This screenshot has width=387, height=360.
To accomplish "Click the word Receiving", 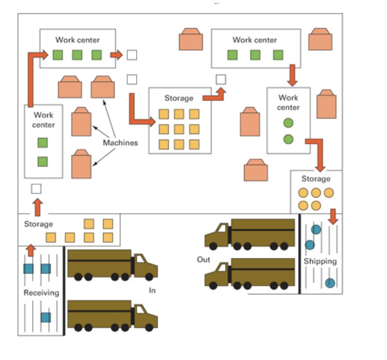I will [x=41, y=293].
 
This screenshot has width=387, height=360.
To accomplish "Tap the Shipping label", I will [x=320, y=261].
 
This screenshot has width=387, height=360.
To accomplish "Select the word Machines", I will [x=120, y=142].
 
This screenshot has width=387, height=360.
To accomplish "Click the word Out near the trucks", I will [x=204, y=259].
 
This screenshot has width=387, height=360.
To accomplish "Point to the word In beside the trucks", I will [x=152, y=291].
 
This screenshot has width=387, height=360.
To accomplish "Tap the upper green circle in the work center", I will [x=288, y=123].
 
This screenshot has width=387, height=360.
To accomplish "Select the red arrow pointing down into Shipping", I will [x=333, y=216].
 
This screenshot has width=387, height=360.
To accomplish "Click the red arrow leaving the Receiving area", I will [x=31, y=250].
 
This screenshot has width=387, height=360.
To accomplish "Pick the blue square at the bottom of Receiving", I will [x=46, y=317].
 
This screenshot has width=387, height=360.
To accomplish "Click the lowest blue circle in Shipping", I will [x=329, y=283].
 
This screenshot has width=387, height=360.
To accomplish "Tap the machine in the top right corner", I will [x=320, y=40].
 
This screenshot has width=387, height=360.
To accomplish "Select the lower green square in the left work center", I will [x=42, y=161].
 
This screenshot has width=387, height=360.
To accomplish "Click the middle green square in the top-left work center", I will [x=77, y=55].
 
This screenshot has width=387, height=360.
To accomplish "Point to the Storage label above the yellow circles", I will [x=316, y=179].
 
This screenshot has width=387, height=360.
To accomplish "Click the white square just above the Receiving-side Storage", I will [x=36, y=189].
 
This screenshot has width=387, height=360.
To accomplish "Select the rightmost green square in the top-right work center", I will [x=278, y=55].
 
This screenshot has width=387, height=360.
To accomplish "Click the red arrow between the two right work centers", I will [x=292, y=76].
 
